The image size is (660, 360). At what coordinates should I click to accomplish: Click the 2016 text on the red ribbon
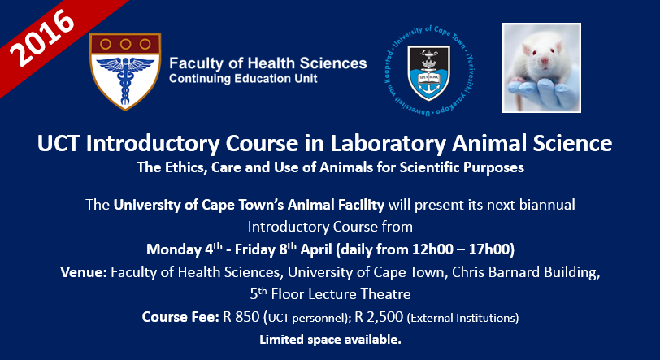point(41,37)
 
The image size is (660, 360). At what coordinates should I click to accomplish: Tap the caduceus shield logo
point(125,72)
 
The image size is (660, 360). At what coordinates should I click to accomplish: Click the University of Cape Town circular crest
point(429,71)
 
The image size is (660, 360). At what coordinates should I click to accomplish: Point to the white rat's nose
point(545,62)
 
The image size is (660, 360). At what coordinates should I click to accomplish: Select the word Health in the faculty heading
point(271,63)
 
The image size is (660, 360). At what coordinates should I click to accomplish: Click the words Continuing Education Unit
point(243,79)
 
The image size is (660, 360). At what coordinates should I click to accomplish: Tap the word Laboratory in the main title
point(388,143)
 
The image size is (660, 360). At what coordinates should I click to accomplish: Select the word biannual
point(547,205)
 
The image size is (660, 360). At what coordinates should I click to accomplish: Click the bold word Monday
point(174,249)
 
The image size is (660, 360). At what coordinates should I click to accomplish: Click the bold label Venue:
point(84,272)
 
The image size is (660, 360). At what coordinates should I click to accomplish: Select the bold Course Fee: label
point(180,317)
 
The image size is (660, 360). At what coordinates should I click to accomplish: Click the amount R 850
point(241,317)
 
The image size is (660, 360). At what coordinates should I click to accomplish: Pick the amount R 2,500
point(379,317)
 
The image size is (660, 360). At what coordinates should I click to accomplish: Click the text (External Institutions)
point(462,318)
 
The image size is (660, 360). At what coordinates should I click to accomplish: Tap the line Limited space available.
point(330,340)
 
